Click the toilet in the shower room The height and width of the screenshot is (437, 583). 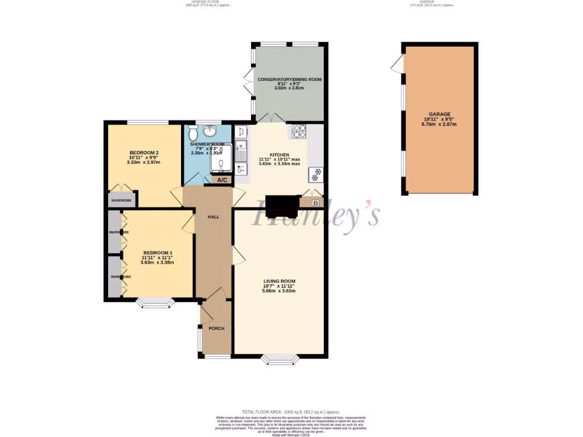193,134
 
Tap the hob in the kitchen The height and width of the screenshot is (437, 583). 299,131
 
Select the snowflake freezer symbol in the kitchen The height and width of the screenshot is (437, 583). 315,174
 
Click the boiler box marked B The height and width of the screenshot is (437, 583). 315,203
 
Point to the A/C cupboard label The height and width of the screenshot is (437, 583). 222,180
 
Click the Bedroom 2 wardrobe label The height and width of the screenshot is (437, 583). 121,200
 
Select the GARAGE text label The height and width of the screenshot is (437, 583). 439,114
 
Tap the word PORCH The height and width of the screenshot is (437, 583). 216,329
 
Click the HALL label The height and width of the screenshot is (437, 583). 213,217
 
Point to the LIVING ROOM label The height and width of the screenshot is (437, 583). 279,281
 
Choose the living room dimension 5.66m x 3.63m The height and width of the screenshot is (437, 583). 279,291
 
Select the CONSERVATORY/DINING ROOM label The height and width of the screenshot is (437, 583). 290,79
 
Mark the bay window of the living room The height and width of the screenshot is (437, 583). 279,358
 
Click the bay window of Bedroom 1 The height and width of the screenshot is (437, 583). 157,303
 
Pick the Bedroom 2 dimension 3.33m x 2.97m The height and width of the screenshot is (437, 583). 143,162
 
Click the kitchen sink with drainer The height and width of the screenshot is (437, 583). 241,152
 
